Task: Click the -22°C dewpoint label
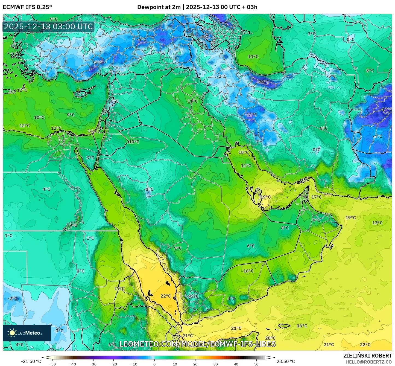(263, 82)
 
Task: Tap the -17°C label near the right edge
(387, 109)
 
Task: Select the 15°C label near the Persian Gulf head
(244, 152)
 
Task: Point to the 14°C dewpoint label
(93, 131)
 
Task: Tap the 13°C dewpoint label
(377, 223)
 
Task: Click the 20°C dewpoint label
(270, 338)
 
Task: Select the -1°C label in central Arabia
(149, 189)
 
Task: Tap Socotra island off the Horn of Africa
(284, 326)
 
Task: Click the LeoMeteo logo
(27, 333)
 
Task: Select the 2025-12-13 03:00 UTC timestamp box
(48, 27)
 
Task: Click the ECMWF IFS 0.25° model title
(27, 7)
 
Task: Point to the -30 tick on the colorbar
(93, 364)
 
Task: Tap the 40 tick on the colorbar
(236, 364)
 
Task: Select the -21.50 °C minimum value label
(31, 361)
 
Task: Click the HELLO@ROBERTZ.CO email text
(369, 362)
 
